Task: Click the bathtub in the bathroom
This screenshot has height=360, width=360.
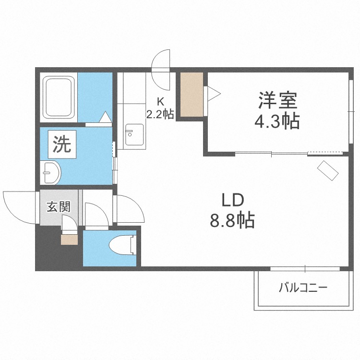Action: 59,97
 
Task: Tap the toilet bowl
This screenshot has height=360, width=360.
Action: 121,245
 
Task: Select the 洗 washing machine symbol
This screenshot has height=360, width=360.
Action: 62,144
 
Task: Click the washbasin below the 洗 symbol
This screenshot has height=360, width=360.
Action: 51,172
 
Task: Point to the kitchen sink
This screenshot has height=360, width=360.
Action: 134,134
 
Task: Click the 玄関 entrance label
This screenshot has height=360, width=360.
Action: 58,206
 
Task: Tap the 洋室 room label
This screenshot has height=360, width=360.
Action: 277,100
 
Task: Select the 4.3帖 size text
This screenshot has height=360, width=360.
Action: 277,120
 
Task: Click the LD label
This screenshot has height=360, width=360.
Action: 232,200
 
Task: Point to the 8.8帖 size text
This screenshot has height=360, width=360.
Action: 232,220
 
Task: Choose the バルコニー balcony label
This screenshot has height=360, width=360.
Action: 303,288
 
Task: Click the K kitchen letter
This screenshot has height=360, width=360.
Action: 160,101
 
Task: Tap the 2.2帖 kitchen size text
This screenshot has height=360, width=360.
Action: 160,114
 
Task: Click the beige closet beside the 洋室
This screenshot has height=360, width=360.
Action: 192,95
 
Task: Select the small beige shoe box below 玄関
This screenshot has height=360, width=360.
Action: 69,240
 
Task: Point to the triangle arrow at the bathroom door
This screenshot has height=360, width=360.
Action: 106,117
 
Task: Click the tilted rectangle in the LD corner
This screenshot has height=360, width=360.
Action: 328,170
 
